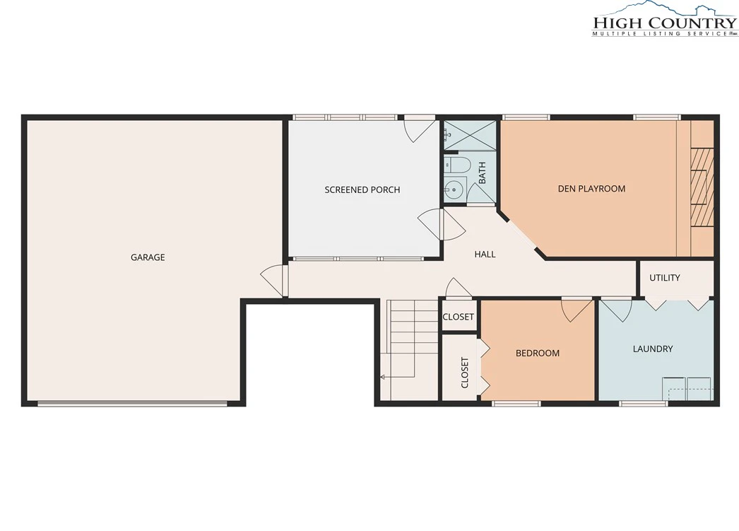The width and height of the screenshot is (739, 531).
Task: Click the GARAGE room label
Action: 148,257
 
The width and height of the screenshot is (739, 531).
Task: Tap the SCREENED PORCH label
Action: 362,189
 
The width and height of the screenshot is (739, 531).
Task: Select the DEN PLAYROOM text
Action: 591,189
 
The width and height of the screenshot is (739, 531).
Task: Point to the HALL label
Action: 485,254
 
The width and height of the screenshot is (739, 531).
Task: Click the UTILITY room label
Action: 665,278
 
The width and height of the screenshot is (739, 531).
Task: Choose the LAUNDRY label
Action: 653,349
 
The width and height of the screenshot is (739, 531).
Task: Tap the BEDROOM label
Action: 537,354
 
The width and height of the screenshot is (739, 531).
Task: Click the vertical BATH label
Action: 482,173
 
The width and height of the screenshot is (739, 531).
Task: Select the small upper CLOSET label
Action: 458,317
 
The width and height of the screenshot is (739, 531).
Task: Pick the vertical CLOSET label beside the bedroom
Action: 465,373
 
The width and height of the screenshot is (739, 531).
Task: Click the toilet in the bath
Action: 458,165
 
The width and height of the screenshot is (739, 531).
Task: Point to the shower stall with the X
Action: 470,136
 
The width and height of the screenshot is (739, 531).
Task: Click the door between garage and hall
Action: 274,281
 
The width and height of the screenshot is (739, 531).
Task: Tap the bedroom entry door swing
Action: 577,310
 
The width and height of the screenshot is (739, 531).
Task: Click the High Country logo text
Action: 665,23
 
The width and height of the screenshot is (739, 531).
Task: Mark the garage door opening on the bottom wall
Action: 132,404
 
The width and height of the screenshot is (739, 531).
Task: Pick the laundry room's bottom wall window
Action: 644,404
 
